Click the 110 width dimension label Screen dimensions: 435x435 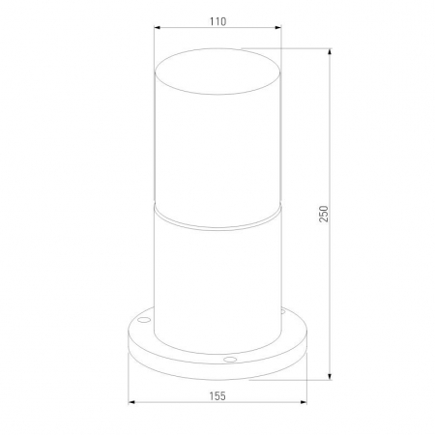coord(217,21)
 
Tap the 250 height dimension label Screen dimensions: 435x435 coord(324,214)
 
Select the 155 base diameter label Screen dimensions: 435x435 coord(217,396)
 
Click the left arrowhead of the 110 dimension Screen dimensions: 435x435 coord(158,28)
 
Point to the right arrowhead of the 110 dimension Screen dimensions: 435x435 coord(278,28)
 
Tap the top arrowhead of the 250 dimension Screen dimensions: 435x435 coord(330,52)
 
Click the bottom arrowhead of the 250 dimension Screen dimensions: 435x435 coord(330,376)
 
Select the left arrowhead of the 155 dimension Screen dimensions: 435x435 coord(131,402)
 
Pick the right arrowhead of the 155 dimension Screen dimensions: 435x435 coord(304,402)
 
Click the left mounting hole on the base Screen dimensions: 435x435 coord(144,320)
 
